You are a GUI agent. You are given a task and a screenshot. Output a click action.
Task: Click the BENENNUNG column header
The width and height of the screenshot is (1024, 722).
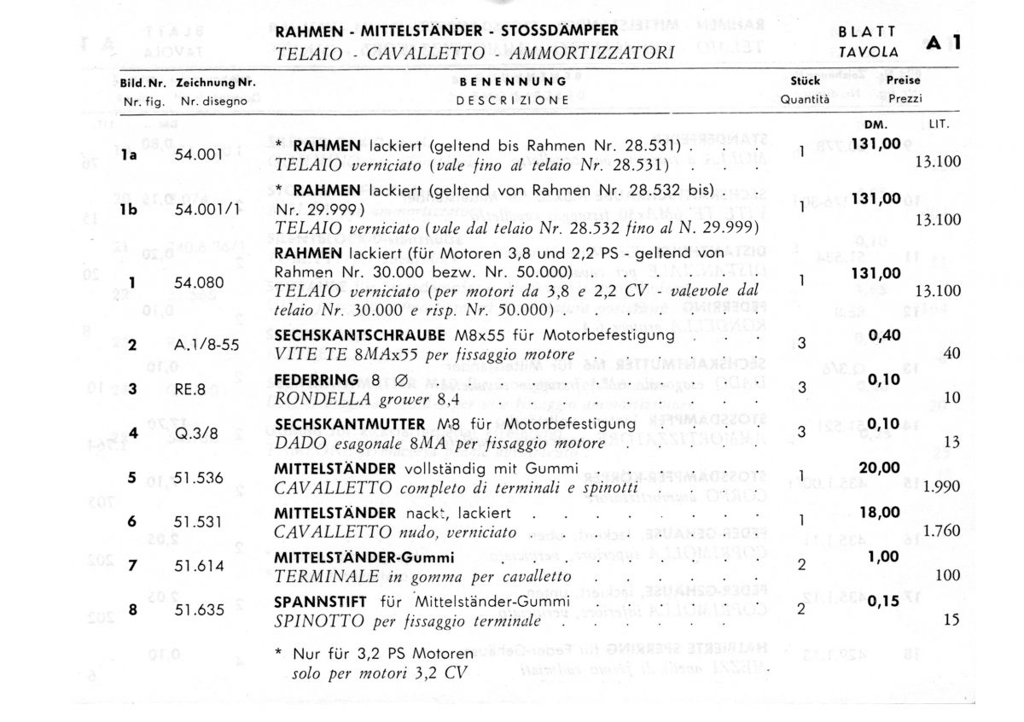513,82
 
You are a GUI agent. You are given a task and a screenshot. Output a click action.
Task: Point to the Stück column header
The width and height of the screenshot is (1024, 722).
805,81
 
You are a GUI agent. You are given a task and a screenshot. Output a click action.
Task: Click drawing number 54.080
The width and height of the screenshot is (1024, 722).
198,282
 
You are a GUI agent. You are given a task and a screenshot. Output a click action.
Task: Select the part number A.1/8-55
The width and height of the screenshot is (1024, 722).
206,346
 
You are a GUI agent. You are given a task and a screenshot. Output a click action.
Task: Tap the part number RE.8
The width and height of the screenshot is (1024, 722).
189,389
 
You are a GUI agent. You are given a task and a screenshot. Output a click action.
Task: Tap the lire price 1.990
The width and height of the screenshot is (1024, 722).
942,486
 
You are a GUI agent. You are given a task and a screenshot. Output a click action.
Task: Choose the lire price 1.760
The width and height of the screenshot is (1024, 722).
942,531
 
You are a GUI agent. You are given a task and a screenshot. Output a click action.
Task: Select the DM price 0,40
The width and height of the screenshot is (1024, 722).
884,335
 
